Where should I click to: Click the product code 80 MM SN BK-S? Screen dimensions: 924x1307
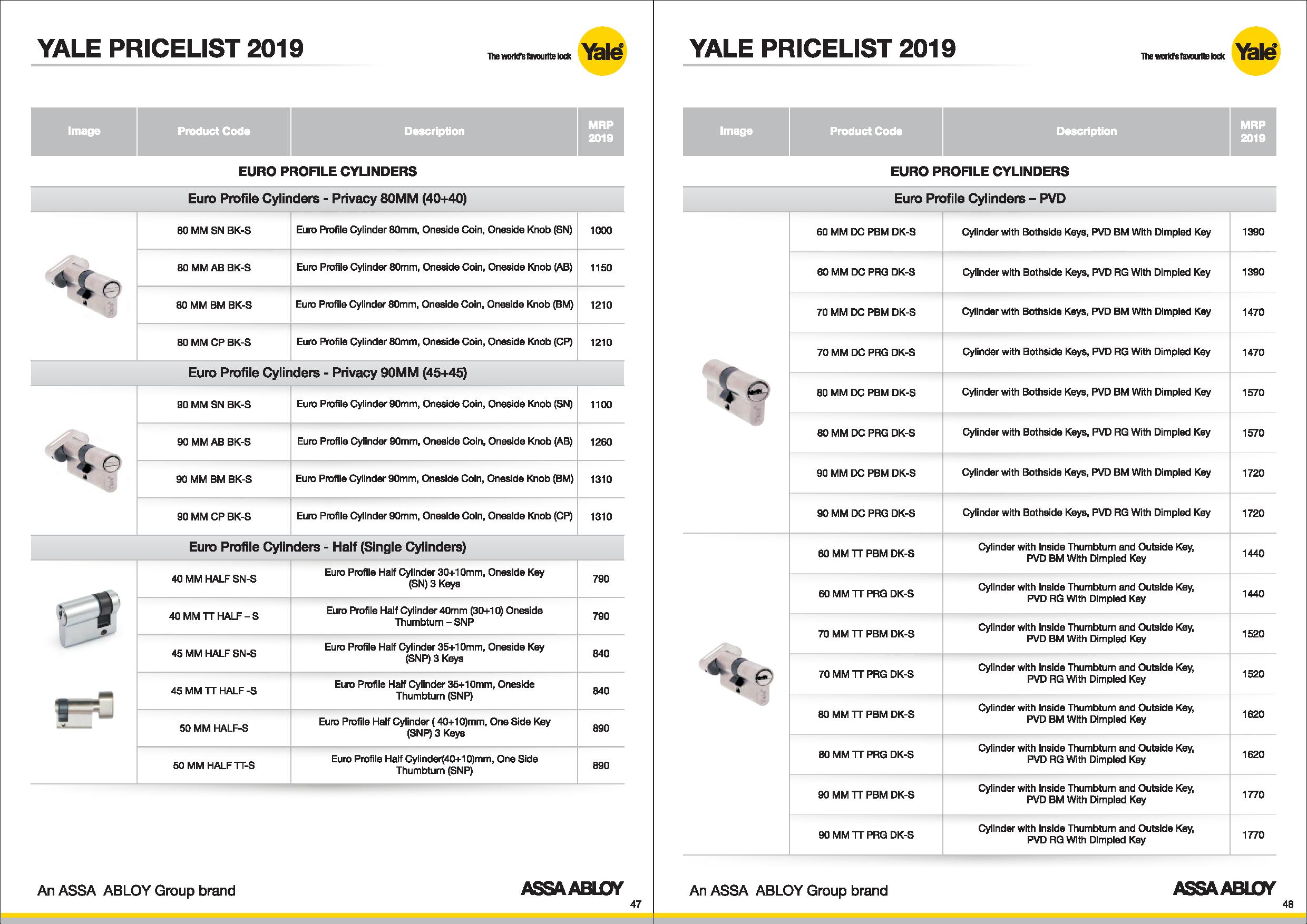pyautogui.click(x=213, y=230)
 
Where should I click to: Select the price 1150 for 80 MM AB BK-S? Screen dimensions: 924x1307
pyautogui.click(x=601, y=268)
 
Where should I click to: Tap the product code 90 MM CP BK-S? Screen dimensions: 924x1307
pyautogui.click(x=213, y=517)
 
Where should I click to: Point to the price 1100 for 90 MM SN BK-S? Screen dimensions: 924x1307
pyautogui.click(x=601, y=405)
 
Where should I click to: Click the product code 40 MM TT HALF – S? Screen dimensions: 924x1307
pyautogui.click(x=213, y=616)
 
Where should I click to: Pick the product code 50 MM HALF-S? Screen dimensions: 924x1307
pyautogui.click(x=213, y=728)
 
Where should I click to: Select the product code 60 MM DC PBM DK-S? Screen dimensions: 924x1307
pyautogui.click(x=866, y=232)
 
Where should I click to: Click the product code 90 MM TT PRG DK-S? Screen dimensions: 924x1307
pyautogui.click(x=866, y=834)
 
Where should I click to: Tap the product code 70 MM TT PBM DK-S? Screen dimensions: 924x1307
pyautogui.click(x=866, y=634)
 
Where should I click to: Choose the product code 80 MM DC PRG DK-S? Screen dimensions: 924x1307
pyautogui.click(x=866, y=433)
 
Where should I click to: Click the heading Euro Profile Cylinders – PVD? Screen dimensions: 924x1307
pyautogui.click(x=979, y=199)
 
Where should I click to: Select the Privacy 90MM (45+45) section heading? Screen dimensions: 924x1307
pyautogui.click(x=327, y=372)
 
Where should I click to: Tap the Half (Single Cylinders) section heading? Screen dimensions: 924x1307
pyautogui.click(x=327, y=547)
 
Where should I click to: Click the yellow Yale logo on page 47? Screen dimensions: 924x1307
pyautogui.click(x=602, y=52)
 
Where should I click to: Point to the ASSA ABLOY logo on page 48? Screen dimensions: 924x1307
pyautogui.click(x=1224, y=889)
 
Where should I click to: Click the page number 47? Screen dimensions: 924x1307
pyautogui.click(x=635, y=904)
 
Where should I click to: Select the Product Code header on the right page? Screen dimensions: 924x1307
pyautogui.click(x=866, y=131)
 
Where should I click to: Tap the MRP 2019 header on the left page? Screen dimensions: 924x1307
pyautogui.click(x=601, y=131)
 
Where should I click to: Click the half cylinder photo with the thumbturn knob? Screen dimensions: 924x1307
pyautogui.click(x=84, y=710)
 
